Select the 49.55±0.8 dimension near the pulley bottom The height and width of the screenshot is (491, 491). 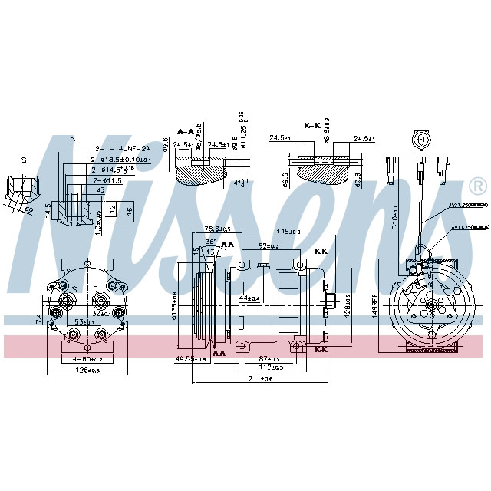191,358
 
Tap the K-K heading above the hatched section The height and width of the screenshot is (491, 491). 312,125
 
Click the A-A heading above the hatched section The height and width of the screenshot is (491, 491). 186,131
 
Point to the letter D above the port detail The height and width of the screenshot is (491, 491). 72,140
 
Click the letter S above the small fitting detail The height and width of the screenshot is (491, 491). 24,160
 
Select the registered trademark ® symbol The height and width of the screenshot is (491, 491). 476,186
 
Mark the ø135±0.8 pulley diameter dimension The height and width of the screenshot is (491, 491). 176,305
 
